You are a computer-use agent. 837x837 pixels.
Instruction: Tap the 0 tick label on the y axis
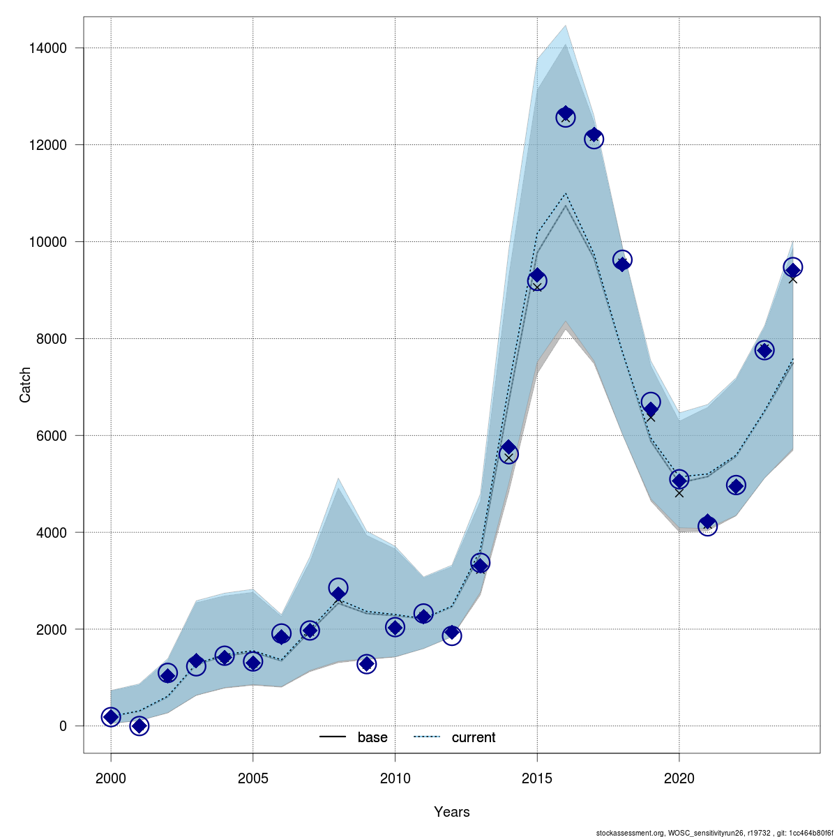[63, 726]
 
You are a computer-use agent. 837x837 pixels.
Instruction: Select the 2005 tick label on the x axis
[252, 778]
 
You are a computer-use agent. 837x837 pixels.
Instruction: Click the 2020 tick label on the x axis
[679, 778]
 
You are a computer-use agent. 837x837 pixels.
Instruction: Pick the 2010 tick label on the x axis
[395, 778]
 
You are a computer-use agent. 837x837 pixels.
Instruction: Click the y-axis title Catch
[25, 384]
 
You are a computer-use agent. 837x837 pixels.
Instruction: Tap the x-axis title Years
[452, 812]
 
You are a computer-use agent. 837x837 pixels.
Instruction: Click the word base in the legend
[372, 737]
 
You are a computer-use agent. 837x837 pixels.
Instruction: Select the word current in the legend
[474, 737]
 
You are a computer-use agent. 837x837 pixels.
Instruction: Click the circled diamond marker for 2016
[566, 116]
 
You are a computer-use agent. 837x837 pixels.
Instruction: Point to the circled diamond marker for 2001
[139, 726]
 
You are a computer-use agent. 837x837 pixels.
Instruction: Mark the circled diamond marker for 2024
[792, 269]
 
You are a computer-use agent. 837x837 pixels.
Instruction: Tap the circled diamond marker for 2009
[367, 664]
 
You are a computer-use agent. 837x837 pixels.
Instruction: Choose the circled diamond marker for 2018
[622, 261]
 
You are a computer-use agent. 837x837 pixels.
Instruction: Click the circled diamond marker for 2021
[707, 525]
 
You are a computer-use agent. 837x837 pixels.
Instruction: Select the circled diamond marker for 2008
[338, 590]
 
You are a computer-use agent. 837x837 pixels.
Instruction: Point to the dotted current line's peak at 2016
[566, 194]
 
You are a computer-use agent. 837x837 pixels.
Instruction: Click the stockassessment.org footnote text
[714, 832]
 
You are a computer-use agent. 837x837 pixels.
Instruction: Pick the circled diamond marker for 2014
[508, 452]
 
